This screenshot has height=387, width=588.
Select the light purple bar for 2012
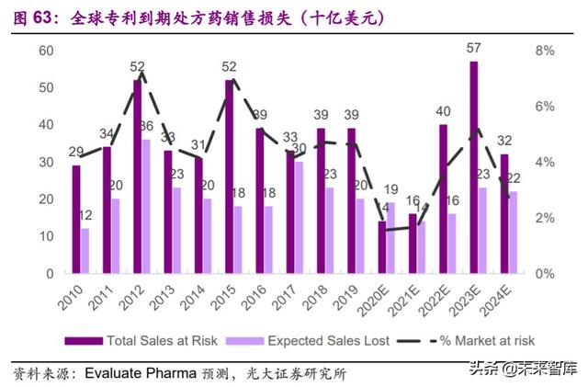point(146,207)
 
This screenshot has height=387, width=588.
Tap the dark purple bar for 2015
point(229,176)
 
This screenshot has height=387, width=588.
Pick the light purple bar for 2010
point(85,251)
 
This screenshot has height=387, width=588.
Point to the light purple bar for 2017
point(299,218)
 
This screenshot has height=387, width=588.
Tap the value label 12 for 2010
point(85,216)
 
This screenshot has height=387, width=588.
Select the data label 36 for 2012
point(146,126)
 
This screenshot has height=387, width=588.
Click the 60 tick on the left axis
point(44,50)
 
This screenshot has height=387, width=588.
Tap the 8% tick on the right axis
point(545,50)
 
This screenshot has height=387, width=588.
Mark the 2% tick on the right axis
point(545,218)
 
